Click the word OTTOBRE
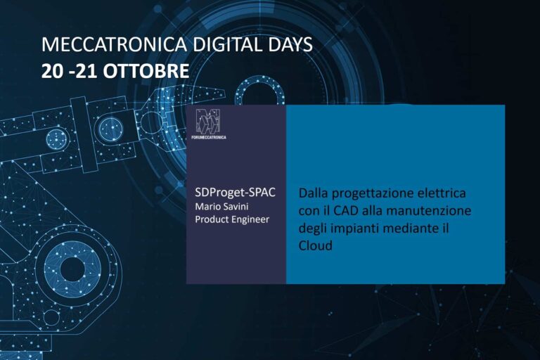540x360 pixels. click(146, 71)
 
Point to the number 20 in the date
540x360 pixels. click(52, 71)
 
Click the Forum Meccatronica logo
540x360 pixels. click(209, 124)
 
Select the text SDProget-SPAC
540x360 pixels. click(236, 192)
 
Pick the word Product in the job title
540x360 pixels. click(212, 219)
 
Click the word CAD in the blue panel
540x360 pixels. click(346, 210)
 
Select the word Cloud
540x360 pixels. click(316, 245)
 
